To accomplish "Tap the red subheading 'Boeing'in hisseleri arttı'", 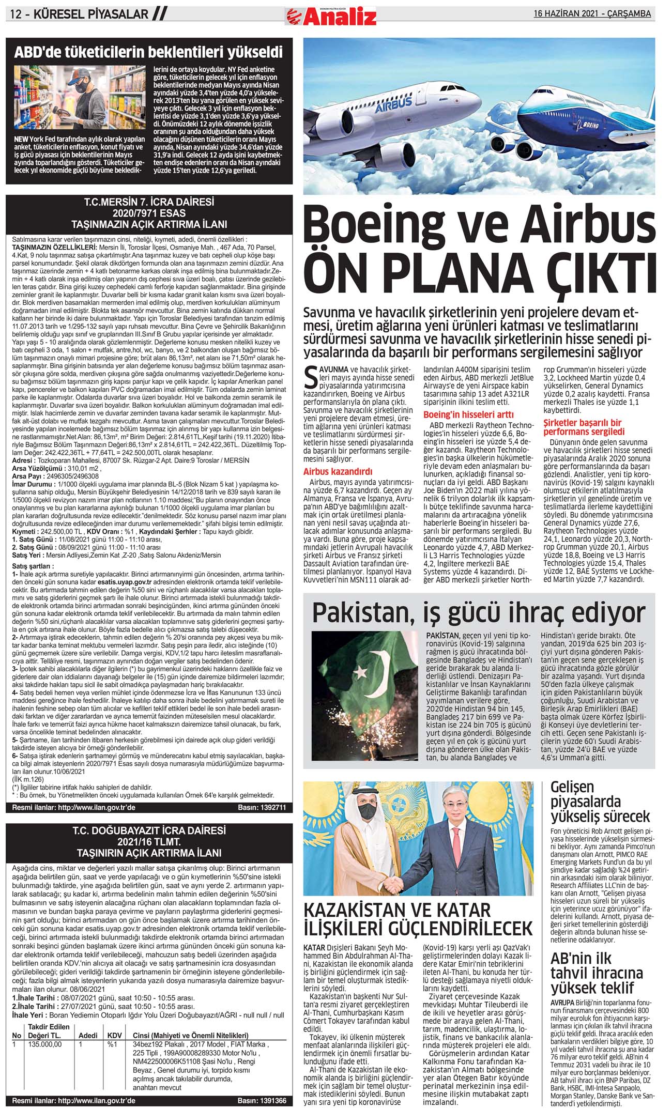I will tap(468, 414).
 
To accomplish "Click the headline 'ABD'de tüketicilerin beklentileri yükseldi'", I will tap(148, 52).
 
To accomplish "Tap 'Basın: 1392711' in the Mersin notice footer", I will tap(262, 807).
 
